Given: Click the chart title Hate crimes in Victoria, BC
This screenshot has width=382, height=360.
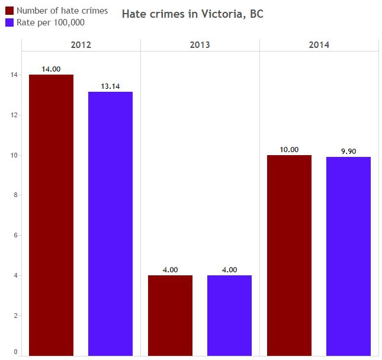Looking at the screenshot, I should pos(192,14).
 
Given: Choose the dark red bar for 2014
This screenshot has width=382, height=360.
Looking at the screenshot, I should pos(289,255).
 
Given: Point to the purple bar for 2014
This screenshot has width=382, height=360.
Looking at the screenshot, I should pos(348,256).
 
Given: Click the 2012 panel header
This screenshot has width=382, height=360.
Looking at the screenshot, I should pos(81,45).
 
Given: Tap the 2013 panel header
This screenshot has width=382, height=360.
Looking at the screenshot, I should pos(200,45).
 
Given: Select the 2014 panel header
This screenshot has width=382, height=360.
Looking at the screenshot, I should pos(319,45).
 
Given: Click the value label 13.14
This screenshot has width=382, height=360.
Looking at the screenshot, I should pos(110,86).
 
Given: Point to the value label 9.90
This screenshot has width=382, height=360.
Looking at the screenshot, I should pos(348,152).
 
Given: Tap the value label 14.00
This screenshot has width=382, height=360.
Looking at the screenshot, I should pos(52,69).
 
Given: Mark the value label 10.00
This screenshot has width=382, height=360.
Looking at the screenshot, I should pos(289,150).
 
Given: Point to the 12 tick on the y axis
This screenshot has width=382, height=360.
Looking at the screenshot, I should pos(13,115).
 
